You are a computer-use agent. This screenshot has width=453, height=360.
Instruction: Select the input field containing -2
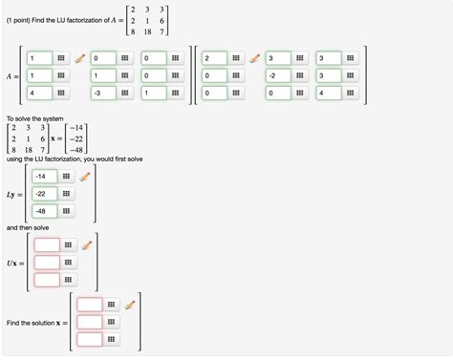click(272, 74)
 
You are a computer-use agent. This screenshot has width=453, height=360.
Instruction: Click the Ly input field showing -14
click(44, 177)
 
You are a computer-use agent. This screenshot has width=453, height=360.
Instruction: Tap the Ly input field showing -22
click(44, 194)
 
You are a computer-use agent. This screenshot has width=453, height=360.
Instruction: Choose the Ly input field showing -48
click(44, 210)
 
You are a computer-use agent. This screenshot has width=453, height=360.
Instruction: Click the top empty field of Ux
click(46, 245)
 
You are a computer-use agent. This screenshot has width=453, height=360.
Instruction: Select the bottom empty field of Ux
click(46, 280)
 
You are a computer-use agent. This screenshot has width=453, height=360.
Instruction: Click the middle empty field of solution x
click(90, 322)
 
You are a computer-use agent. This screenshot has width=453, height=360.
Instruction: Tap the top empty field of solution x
click(90, 305)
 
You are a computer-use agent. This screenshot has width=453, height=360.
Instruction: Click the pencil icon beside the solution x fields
click(131, 305)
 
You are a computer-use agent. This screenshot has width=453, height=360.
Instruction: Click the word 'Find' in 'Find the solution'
click(13, 323)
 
